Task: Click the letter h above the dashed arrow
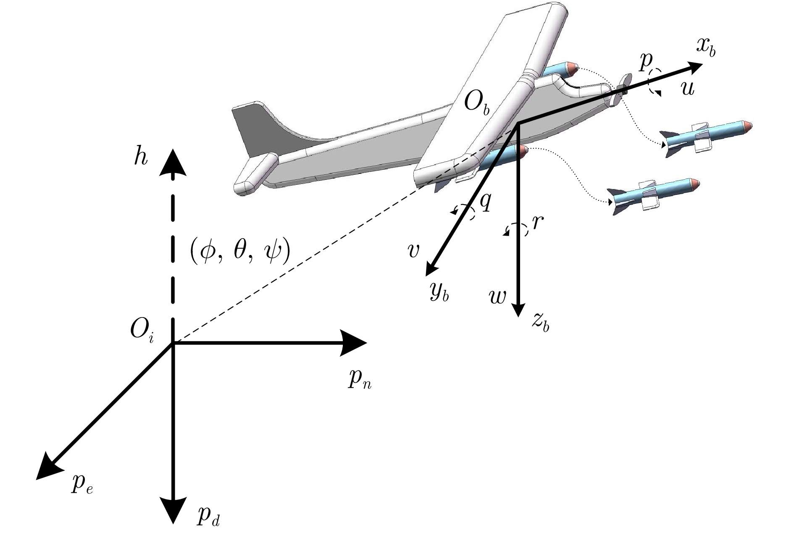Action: click(141, 158)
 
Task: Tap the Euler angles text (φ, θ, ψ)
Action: click(239, 253)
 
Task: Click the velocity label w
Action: click(498, 297)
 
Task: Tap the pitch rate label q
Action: click(485, 202)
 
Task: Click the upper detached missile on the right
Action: click(706, 137)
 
